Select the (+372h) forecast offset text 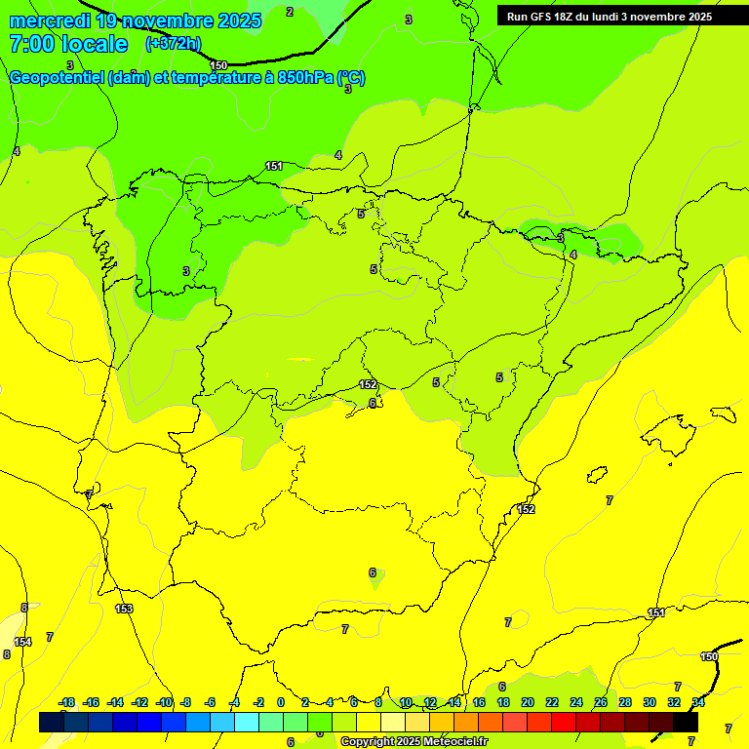[x=173, y=44]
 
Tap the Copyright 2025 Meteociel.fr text [x=414, y=742]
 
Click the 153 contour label [x=124, y=609]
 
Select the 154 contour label [x=22, y=642]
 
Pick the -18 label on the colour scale [x=66, y=703]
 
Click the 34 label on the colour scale [x=698, y=703]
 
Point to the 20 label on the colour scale [x=528, y=703]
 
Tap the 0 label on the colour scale [x=281, y=703]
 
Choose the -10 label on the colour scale [x=164, y=703]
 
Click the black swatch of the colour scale [x=686, y=723]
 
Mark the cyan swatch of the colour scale [x=247, y=723]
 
